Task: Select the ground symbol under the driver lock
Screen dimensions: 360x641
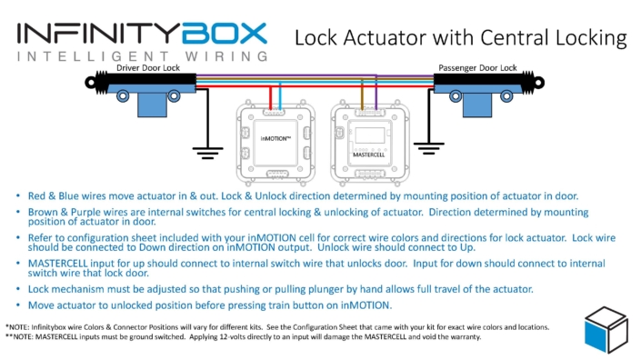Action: (208, 152)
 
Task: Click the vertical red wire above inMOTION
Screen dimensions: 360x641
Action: (268, 96)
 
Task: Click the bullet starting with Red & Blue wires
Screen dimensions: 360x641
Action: (309, 195)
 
